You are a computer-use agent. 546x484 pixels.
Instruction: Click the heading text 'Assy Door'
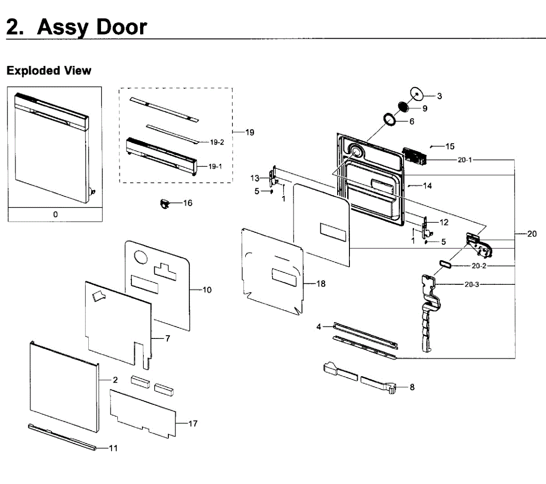[x=92, y=27]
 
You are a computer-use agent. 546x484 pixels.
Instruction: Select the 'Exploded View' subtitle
[x=49, y=71]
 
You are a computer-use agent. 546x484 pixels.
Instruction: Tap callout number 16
[x=188, y=203]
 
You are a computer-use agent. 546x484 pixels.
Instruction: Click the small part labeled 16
[x=163, y=203]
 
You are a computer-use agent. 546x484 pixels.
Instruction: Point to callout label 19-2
[x=217, y=142]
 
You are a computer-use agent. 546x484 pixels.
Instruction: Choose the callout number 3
[x=440, y=96]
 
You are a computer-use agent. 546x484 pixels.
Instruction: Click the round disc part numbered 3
[x=416, y=94]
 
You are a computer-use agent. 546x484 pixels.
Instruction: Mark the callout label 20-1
[x=465, y=160]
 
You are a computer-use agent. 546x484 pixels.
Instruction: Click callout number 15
[x=450, y=146]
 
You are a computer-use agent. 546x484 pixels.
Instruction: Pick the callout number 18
[x=321, y=284]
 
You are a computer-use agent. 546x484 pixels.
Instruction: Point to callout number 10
[x=207, y=290]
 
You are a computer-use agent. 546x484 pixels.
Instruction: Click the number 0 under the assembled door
[x=56, y=214]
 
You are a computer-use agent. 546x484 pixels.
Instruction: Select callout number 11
[x=113, y=448]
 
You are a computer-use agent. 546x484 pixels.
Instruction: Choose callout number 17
[x=193, y=423]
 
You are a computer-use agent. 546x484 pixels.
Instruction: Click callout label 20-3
[x=471, y=285]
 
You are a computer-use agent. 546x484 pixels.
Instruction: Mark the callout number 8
[x=412, y=387]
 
